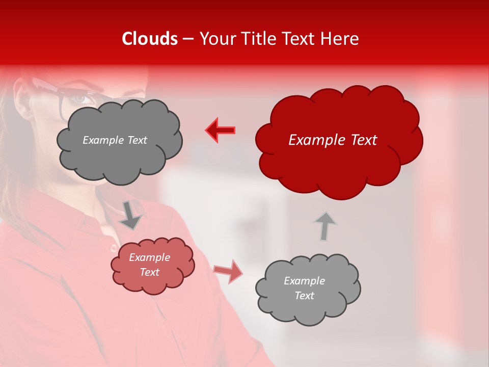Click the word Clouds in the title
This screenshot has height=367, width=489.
point(150,39)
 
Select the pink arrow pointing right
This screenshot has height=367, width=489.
point(228,271)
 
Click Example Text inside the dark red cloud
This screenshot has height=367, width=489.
point(333,140)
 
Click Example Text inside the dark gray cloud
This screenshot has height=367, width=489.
point(115,140)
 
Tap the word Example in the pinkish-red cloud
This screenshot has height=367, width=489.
point(149,257)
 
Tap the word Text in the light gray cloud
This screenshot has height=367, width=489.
point(304,296)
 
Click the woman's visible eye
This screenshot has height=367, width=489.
point(79,99)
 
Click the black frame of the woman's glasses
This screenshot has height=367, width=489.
point(63,102)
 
